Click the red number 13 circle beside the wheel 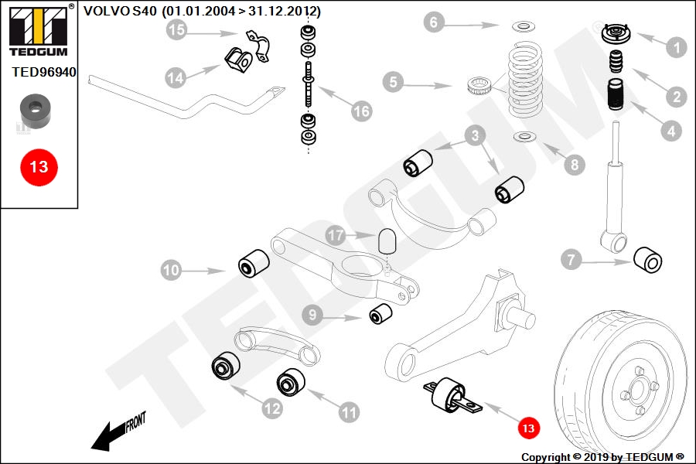click(528, 428)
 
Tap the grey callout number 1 click(677, 47)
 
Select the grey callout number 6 click(434, 22)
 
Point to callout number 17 click(336, 235)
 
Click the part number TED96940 click(44, 72)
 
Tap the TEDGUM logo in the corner click(39, 30)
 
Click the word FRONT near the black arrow click(135, 421)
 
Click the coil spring click(525, 79)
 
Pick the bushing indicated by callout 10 click(254, 262)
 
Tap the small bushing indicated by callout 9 click(380, 313)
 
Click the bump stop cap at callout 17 click(387, 241)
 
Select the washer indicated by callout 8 click(524, 136)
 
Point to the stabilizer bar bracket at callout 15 click(259, 46)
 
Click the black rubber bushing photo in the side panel click(36, 111)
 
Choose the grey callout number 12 click(272, 408)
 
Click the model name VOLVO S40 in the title click(120, 11)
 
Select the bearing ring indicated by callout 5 click(479, 86)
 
